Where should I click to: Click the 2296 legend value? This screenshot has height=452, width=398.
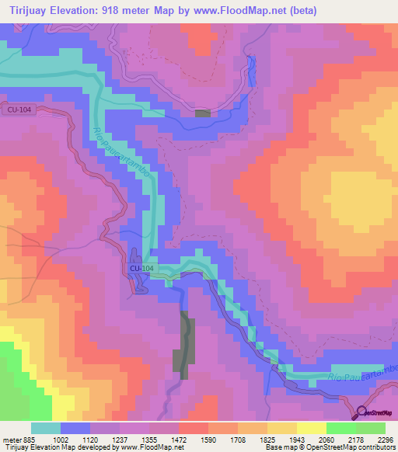pyautogui.click(x=385, y=440)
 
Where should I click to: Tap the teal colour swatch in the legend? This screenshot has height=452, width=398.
pyautogui.click(x=46, y=428)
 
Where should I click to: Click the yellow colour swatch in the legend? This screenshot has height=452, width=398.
pyautogui.click(x=311, y=428)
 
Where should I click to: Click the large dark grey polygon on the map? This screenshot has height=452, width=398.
pyautogui.click(x=186, y=342)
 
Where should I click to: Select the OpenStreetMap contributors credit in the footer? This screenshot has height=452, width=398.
pyautogui.click(x=358, y=447)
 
